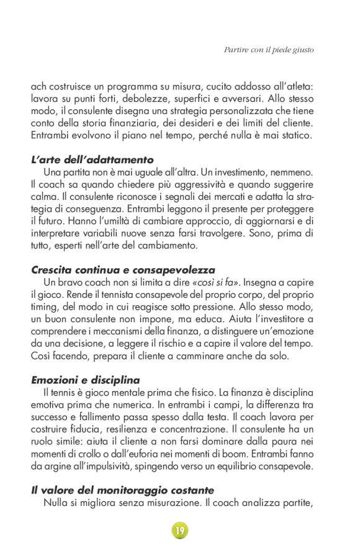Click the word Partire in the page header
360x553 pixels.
click(236, 49)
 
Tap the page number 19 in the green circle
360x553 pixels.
click(179, 531)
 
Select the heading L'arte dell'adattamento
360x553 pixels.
click(92, 160)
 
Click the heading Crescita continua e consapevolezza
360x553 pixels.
click(123, 270)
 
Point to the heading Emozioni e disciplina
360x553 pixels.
click(85, 380)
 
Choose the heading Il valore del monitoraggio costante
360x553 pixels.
click(122, 490)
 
